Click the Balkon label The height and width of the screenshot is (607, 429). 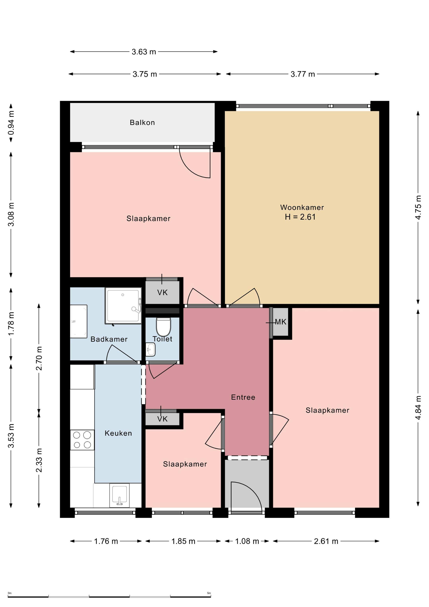pyautogui.click(x=142, y=122)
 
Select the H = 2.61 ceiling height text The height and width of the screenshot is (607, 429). pyautogui.click(x=300, y=217)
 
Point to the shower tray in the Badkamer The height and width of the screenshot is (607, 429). pyautogui.click(x=123, y=305)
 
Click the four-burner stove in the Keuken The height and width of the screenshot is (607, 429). pyautogui.click(x=82, y=440)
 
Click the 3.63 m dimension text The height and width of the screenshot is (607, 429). pyautogui.click(x=144, y=52)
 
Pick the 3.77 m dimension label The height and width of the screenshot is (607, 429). pyautogui.click(x=303, y=74)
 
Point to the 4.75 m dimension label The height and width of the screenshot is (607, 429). pyautogui.click(x=418, y=208)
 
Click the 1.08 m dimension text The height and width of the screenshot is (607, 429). pyautogui.click(x=247, y=541)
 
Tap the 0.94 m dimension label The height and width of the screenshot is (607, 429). pyautogui.click(x=11, y=122)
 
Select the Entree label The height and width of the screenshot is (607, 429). pyautogui.click(x=243, y=397)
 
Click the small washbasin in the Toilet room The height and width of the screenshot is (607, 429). pyautogui.click(x=150, y=349)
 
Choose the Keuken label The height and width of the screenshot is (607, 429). pyautogui.click(x=118, y=433)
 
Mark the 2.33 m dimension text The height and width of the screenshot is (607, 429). pyautogui.click(x=39, y=460)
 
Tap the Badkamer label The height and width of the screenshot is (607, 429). pyautogui.click(x=109, y=339)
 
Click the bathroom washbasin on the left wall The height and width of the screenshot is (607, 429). pyautogui.click(x=78, y=321)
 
